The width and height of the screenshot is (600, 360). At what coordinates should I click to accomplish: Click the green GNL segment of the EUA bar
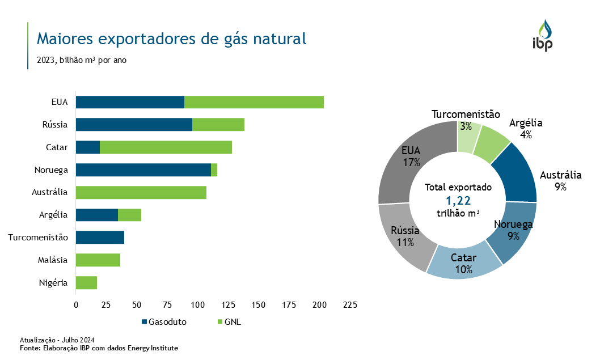[x=254, y=102]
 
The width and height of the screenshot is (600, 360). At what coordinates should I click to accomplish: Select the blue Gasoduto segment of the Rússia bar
[x=134, y=125]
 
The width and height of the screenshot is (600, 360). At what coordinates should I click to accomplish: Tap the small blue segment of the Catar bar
[x=88, y=147]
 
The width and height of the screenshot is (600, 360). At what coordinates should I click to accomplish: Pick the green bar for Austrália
[x=141, y=192]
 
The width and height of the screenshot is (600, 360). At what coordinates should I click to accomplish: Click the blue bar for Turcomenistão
[x=100, y=238]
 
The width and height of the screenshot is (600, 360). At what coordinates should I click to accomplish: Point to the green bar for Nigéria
[x=86, y=282]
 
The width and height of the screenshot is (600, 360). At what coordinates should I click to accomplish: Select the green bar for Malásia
[x=98, y=260]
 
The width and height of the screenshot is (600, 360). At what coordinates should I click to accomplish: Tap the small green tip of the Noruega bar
[x=214, y=170]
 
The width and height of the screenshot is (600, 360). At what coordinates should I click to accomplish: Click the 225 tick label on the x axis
[x=350, y=305]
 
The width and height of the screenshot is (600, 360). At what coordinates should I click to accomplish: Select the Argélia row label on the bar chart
[x=54, y=215]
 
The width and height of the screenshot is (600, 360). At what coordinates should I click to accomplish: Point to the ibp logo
[x=543, y=35]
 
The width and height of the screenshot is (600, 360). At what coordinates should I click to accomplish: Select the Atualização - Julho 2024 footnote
[x=57, y=340]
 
